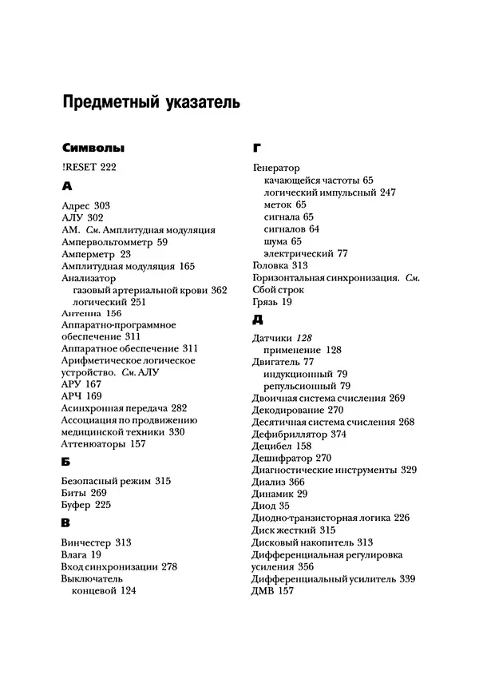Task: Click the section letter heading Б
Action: coord(65,461)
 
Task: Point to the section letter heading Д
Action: coord(257,320)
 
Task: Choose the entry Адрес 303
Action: coord(85,206)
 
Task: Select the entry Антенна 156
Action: coord(91,314)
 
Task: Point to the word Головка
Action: coord(270,265)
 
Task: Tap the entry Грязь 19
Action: coord(271,302)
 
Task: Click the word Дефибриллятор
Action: coord(287,434)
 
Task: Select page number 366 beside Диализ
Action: coord(295,482)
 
